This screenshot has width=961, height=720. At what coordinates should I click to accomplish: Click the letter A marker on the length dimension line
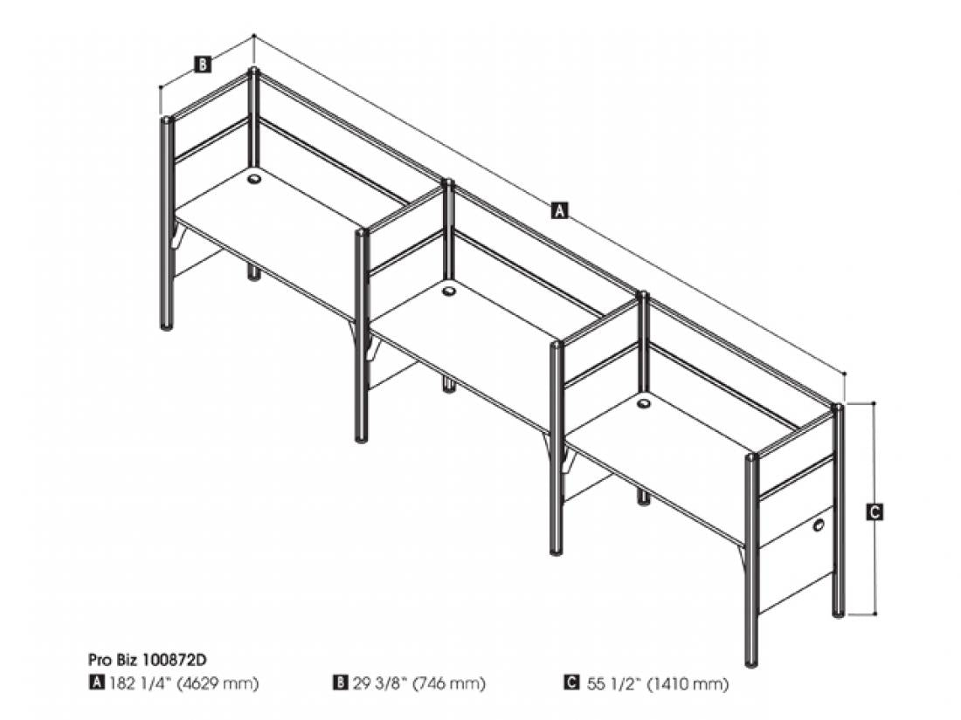559,210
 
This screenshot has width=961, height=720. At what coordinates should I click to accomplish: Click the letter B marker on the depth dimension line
203,65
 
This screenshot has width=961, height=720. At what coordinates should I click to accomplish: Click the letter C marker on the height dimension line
875,511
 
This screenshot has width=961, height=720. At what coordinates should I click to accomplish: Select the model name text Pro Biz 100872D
147,660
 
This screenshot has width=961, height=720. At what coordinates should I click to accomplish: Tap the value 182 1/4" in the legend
139,682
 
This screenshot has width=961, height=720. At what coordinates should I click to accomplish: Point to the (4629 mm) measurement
218,682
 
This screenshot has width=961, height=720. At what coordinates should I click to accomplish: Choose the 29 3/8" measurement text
379,682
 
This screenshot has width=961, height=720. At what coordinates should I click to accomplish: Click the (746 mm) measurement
449,682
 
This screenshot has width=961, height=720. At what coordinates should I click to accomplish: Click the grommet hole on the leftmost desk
253,179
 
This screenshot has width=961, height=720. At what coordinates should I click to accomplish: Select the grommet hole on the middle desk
449,291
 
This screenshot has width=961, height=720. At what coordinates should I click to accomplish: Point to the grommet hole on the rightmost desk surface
644,403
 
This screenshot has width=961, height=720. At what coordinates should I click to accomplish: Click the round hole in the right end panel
819,525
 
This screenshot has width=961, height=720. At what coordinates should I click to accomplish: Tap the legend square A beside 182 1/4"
95,682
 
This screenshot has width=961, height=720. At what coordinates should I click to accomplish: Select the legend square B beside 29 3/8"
340,682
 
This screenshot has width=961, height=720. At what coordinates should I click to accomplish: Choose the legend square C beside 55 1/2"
571,682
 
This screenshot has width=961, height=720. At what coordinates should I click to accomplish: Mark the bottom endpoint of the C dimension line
875,614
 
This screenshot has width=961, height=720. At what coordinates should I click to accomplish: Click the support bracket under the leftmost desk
177,237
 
